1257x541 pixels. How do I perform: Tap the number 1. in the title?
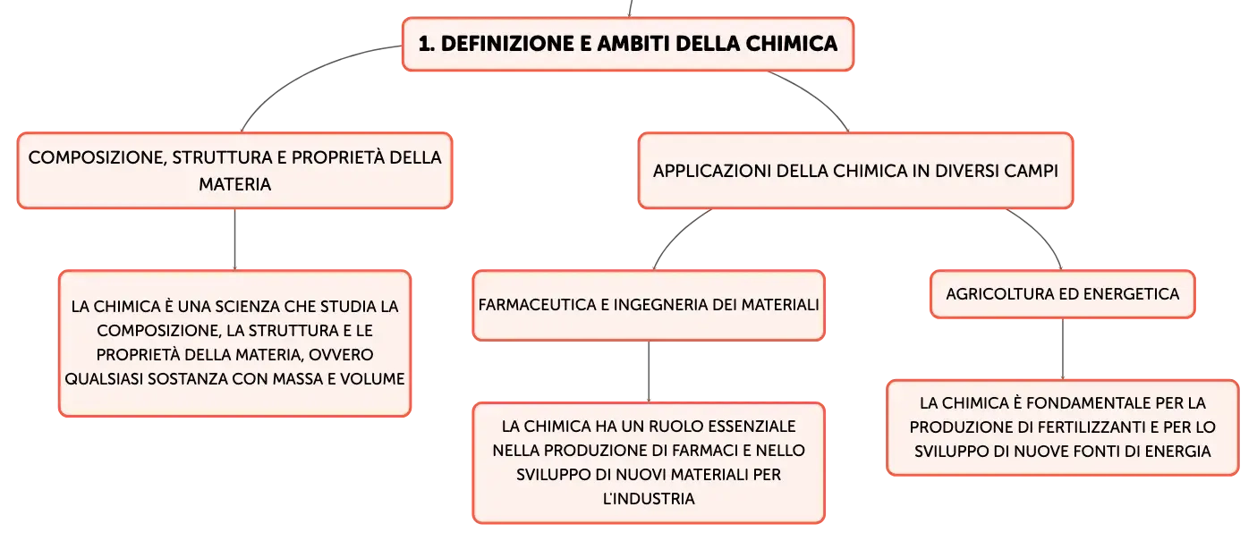coord(427,44)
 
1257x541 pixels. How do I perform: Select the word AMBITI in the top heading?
coord(633,44)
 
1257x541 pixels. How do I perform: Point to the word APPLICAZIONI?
coord(712,171)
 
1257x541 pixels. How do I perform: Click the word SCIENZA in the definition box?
coord(248,307)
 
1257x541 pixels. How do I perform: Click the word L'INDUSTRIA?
coord(649,499)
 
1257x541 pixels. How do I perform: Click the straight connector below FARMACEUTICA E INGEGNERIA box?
coord(649,372)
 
